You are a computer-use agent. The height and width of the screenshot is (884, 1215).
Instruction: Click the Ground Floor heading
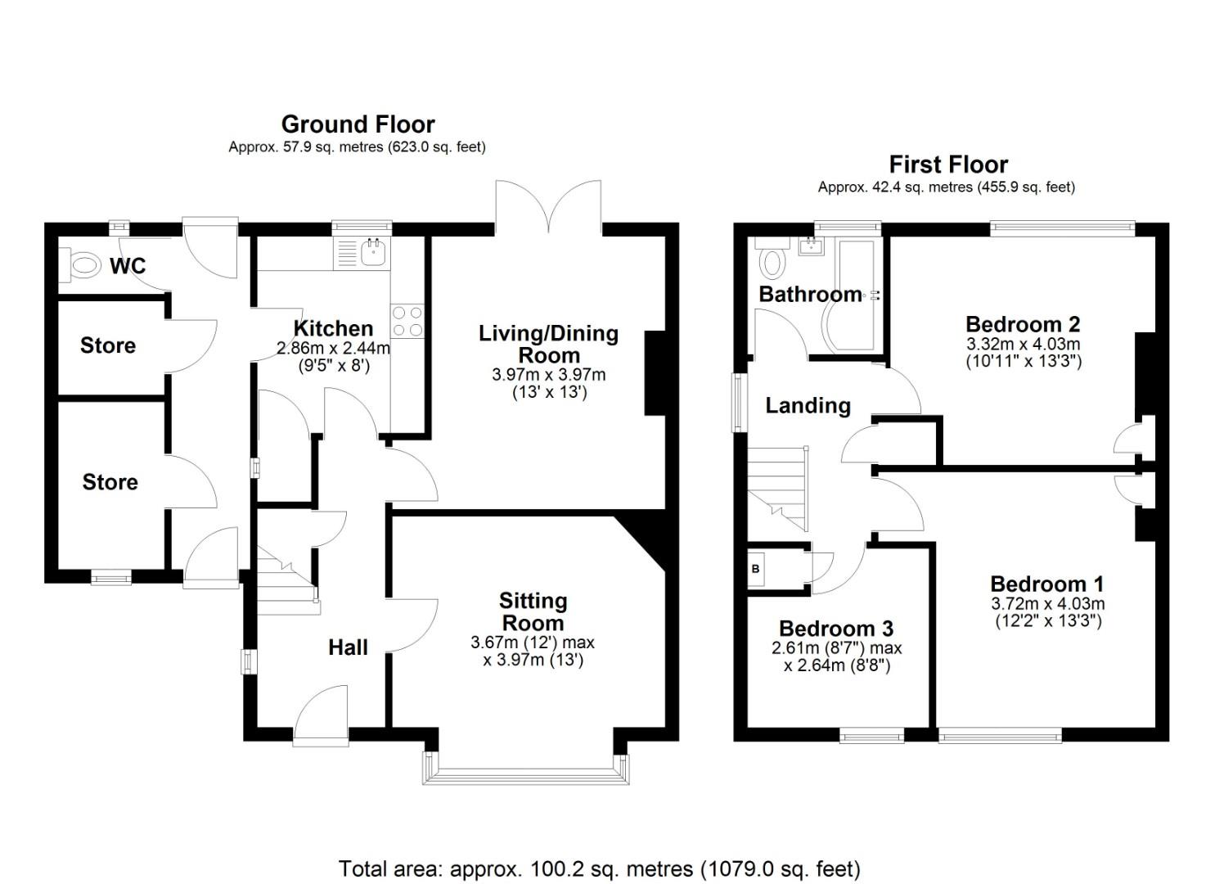[358, 124]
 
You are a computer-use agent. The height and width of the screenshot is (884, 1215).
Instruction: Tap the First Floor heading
[948, 165]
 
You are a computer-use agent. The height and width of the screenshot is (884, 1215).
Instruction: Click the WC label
[128, 266]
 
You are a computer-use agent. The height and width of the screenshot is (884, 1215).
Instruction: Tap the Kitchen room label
[333, 329]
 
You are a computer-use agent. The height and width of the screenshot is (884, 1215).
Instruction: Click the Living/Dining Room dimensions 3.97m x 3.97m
[548, 375]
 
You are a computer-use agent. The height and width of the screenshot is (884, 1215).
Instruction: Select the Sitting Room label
[533, 611]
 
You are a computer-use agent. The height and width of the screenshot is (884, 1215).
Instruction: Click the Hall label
[348, 648]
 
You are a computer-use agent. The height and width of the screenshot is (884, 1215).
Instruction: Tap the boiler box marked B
[756, 569]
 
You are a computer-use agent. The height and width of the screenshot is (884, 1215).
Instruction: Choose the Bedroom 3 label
[835, 629]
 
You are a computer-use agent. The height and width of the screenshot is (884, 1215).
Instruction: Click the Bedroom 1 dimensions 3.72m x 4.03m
[1047, 604]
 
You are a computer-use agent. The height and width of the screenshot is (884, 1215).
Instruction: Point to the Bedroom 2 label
[1023, 324]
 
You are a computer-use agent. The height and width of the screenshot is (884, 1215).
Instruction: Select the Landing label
[808, 406]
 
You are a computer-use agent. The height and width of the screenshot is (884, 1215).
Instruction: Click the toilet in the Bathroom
[772, 262]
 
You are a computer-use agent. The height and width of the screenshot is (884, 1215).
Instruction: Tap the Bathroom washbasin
[812, 246]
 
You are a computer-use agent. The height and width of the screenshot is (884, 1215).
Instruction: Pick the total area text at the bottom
[599, 868]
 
